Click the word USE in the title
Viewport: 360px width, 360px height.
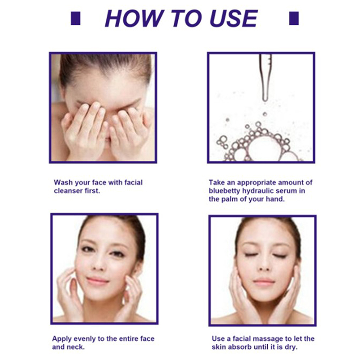point(234,18)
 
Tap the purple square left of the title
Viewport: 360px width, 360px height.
point(76,18)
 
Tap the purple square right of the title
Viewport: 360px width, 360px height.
point(294,18)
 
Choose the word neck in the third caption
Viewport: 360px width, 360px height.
point(76,346)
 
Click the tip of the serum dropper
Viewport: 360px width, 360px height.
point(265,100)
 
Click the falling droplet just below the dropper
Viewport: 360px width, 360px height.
point(265,114)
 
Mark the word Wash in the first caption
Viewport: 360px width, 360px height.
point(63,183)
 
